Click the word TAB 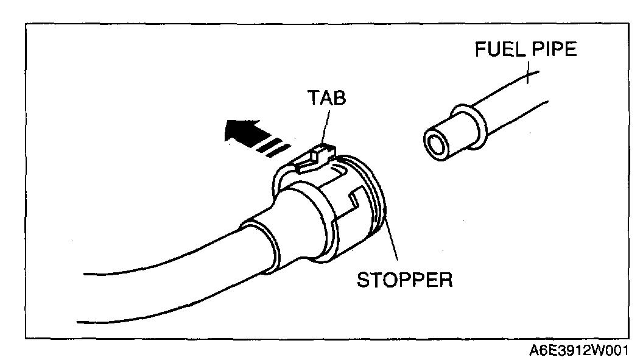[325, 97]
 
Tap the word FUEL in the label [496, 50]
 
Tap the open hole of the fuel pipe [437, 144]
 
